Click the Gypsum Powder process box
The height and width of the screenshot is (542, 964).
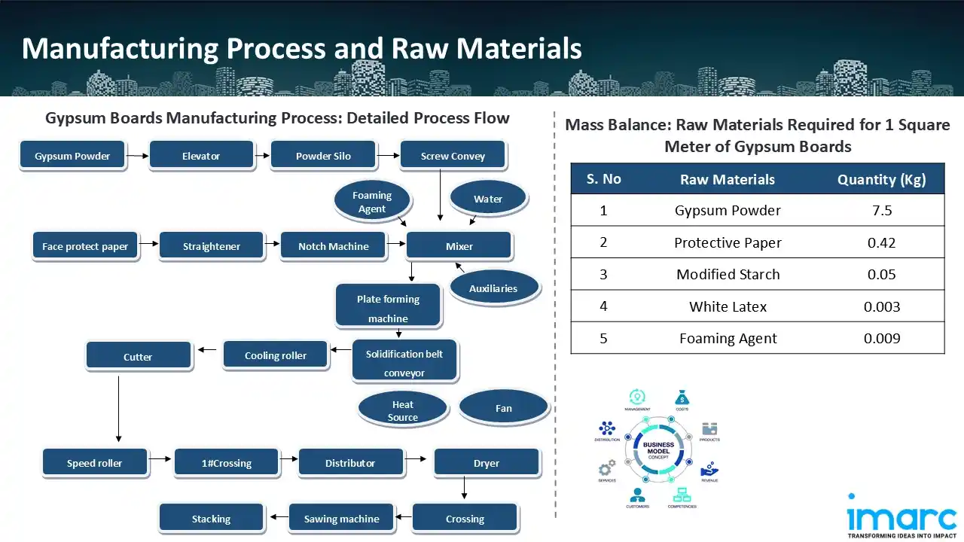(72, 156)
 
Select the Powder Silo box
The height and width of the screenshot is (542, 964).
(323, 156)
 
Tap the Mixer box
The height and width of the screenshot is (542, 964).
(459, 246)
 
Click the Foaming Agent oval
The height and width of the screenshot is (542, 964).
(372, 202)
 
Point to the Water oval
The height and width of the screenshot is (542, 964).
(487, 199)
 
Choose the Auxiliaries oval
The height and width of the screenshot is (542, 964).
(493, 288)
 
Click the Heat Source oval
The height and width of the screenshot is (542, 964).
(403, 410)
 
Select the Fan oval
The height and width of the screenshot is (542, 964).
(503, 408)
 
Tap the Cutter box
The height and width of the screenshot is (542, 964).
(138, 357)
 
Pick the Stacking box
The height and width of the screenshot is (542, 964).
(211, 519)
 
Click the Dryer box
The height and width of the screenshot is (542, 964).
(486, 463)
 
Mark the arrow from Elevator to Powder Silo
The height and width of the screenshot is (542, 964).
(262, 156)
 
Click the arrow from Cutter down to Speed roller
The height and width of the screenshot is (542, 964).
(118, 407)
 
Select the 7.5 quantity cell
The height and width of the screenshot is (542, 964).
(881, 211)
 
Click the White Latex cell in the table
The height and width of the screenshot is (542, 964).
(728, 306)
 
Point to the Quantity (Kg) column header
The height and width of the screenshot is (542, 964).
(881, 179)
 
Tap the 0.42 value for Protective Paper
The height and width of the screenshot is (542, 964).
(881, 242)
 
